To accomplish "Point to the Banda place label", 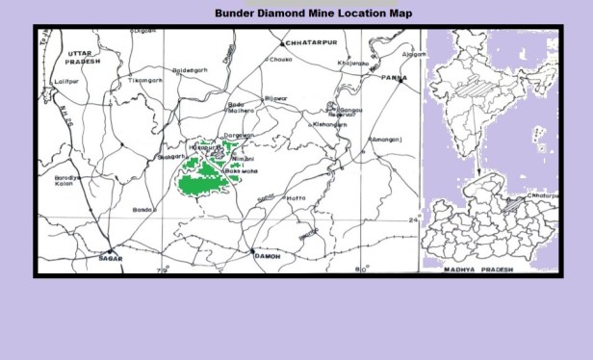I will click(144, 209).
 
